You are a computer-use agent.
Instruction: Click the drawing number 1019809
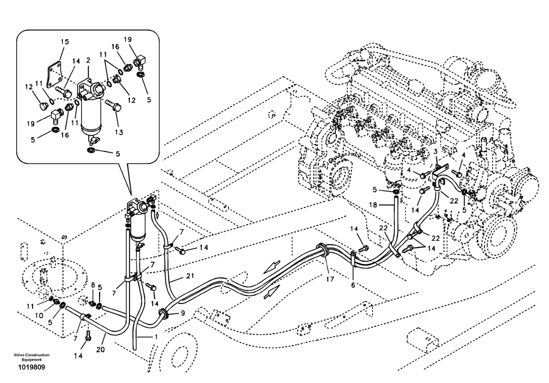[31, 367]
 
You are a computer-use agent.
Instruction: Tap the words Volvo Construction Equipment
[31, 357]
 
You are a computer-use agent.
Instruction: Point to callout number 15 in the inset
[65, 42]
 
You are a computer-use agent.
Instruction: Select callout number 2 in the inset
[88, 60]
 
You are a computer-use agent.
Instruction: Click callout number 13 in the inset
[119, 132]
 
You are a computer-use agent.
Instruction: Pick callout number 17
[330, 279]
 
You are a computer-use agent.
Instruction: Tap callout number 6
[353, 285]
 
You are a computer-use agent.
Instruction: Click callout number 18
[373, 204]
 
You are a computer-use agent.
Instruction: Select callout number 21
[190, 276]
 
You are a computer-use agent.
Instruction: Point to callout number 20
[100, 349]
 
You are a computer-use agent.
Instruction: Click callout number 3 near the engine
[435, 152]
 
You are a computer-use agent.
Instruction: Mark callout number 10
[39, 315]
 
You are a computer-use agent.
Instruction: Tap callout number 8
[93, 285]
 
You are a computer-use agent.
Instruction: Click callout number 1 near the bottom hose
[156, 337]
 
